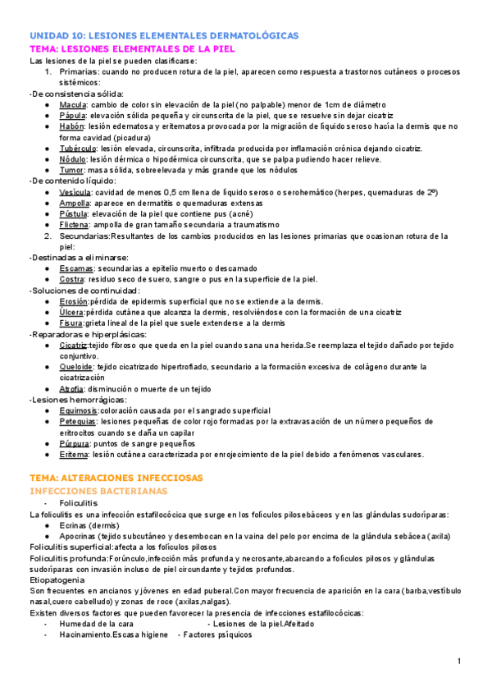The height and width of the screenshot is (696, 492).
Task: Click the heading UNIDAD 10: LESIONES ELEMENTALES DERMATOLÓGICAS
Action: [164, 36]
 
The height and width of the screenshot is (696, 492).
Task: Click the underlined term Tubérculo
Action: [78, 148]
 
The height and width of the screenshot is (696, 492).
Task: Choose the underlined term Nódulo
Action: [73, 158]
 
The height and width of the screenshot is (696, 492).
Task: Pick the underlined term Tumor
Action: [71, 170]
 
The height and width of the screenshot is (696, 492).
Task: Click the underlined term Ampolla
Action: [75, 202]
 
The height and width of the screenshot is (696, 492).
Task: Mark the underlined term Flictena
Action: [75, 224]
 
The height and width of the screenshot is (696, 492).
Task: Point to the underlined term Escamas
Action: [75, 268]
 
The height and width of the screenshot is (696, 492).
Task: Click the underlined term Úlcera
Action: [72, 312]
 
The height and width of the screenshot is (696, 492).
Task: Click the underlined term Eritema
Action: [74, 453]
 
